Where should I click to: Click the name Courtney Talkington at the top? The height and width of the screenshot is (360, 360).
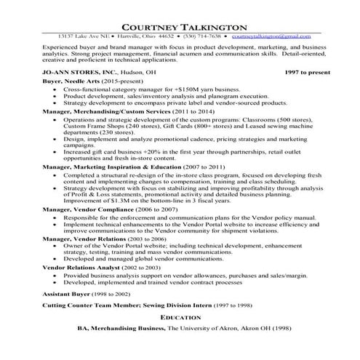point(180,25)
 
